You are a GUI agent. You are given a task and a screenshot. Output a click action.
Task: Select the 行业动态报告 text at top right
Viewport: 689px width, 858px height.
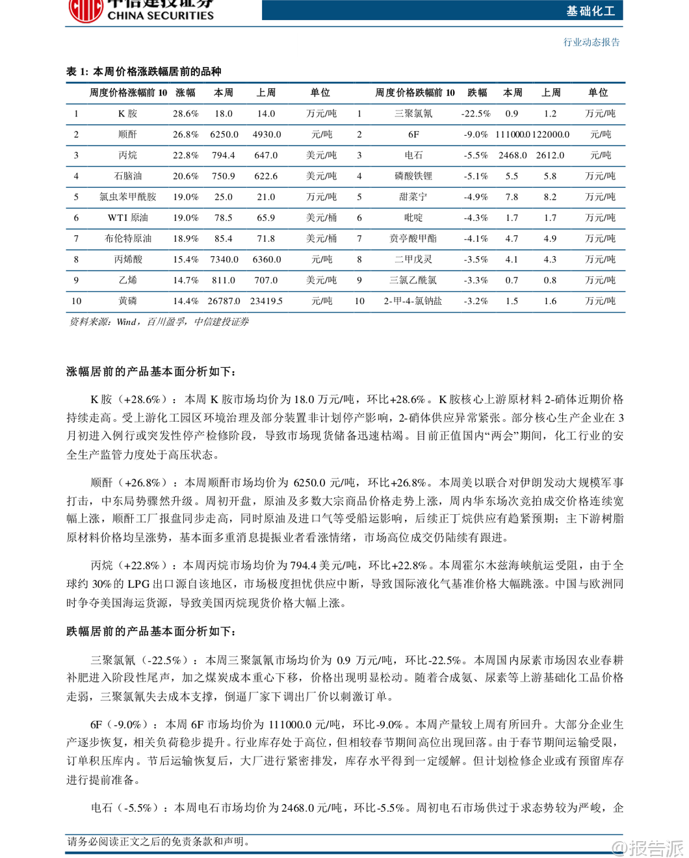(591, 42)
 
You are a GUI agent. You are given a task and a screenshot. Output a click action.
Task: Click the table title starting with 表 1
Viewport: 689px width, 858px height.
(144, 71)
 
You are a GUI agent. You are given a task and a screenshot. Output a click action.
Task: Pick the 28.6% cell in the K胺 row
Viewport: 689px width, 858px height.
(185, 114)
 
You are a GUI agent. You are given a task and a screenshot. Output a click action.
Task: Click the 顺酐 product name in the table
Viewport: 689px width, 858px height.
(128, 135)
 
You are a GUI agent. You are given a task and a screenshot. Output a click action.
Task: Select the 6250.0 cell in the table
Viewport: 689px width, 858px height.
(224, 135)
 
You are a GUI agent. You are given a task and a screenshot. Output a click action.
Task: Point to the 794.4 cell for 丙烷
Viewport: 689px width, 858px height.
(223, 155)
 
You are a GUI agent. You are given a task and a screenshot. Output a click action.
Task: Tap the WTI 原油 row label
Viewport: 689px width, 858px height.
(128, 218)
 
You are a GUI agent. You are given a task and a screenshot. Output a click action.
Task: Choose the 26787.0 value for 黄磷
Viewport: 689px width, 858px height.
(224, 301)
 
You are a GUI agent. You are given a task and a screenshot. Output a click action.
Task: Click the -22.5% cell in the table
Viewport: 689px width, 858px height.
(476, 114)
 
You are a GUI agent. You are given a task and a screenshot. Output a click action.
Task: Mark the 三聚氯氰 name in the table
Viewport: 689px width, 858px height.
(413, 114)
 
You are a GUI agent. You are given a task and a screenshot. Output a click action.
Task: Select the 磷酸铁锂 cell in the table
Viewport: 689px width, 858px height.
(413, 176)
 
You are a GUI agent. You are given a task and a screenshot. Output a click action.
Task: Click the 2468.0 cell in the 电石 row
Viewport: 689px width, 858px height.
(513, 155)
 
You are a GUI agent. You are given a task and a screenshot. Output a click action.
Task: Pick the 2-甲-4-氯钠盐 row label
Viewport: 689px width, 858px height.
(413, 301)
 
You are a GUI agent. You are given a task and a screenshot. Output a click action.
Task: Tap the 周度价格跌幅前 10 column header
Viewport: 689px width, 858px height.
(415, 93)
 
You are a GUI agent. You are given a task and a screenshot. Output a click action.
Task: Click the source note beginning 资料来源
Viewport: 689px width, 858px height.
(159, 322)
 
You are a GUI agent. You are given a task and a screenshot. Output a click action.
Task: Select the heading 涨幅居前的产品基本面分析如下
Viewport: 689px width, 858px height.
(151, 372)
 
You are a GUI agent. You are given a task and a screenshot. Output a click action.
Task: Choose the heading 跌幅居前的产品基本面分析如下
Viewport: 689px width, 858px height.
(151, 632)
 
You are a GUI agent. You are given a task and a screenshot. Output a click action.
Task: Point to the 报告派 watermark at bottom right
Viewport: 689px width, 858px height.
(649, 848)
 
